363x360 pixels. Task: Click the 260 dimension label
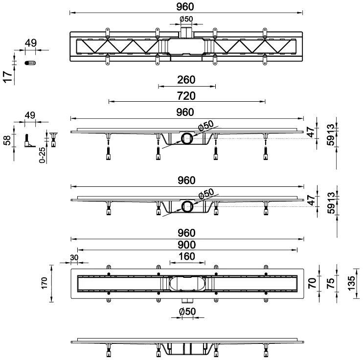[x=186, y=80]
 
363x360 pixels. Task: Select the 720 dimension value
[x=186, y=95]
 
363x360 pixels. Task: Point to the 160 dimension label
[x=186, y=256]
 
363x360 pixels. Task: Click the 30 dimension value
[x=74, y=257]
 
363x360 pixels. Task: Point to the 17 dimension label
[x=7, y=77]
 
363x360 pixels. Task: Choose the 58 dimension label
[x=7, y=140]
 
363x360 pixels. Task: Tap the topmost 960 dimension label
[x=186, y=6]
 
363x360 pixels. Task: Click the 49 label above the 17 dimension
[x=30, y=43]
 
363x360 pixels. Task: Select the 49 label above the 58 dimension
[x=30, y=115]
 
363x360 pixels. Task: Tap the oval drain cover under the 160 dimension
[x=186, y=284]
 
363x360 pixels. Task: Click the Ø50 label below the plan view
[x=186, y=312]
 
